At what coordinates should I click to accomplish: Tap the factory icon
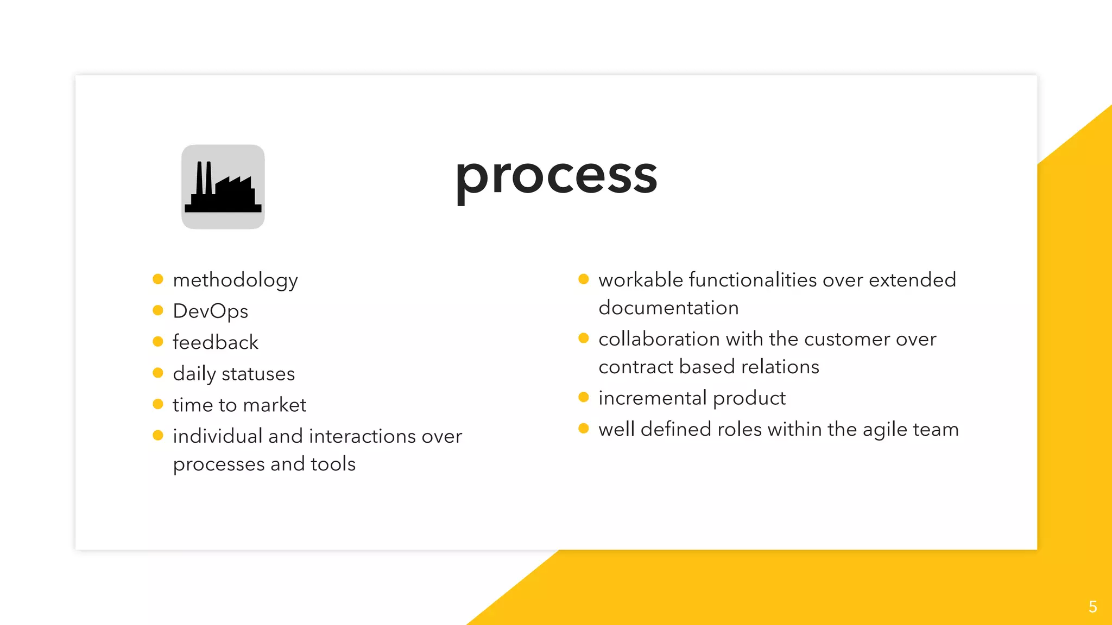[x=223, y=187]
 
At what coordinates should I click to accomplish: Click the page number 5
[x=1092, y=607]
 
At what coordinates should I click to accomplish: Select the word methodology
[x=235, y=280]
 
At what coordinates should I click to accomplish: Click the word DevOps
[x=210, y=311]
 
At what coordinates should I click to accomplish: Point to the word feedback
[x=216, y=342]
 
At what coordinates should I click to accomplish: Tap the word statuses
[x=258, y=374]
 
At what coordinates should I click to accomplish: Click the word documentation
[x=668, y=308]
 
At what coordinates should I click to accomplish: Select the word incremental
[x=652, y=398]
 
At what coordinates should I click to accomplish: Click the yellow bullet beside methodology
[x=158, y=279]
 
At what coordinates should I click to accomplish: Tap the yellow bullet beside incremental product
[x=584, y=397]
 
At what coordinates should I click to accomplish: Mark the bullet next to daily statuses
[x=158, y=373]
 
